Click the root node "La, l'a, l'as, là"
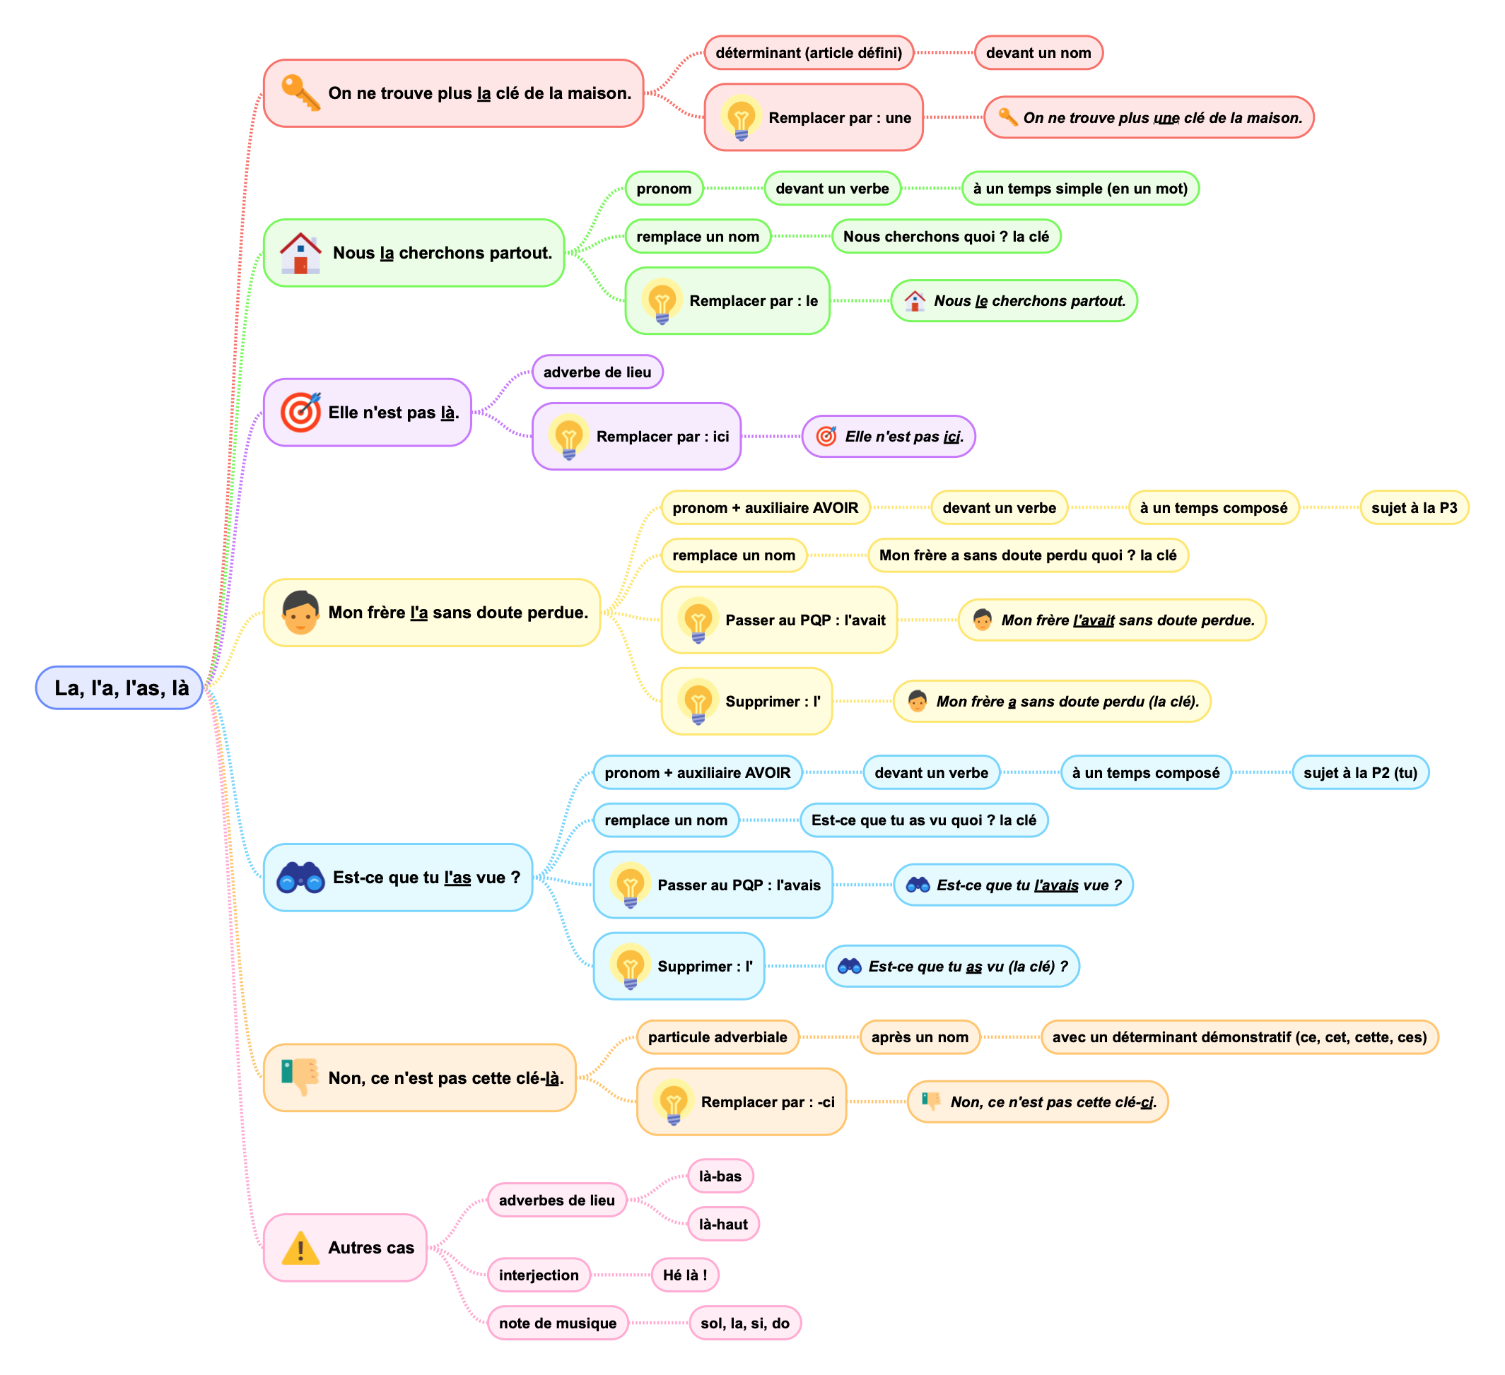tap(120, 687)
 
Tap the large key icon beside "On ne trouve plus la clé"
tap(300, 93)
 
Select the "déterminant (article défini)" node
tap(809, 53)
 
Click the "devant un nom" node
tap(1038, 53)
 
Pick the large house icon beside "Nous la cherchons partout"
tap(300, 253)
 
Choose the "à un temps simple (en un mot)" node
tap(1079, 189)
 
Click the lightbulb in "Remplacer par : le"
tap(662, 301)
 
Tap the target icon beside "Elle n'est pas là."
tap(300, 412)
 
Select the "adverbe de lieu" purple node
tap(597, 372)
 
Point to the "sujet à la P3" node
tap(1413, 508)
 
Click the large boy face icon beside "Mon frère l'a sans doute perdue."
tap(300, 612)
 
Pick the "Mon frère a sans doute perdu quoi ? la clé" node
tap(1027, 555)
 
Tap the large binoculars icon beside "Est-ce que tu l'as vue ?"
tap(300, 878)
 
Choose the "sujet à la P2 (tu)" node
tap(1359, 773)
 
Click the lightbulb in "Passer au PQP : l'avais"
tap(630, 885)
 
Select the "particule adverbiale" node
tap(717, 1037)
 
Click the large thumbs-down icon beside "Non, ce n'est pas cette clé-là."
tap(300, 1078)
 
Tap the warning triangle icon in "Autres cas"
tap(300, 1247)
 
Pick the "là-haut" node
tap(722, 1224)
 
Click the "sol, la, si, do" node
tap(744, 1323)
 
